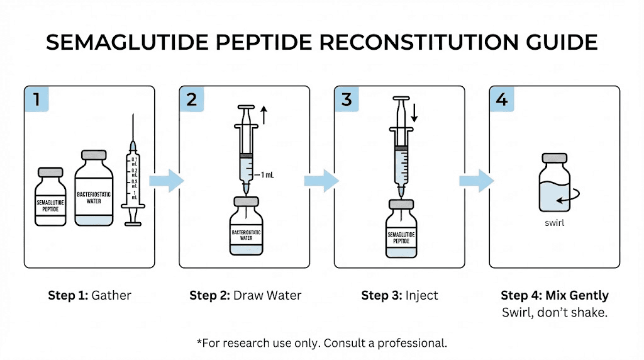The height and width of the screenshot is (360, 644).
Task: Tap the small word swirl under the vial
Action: (x=554, y=222)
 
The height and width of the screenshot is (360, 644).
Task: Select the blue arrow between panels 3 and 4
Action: (x=476, y=181)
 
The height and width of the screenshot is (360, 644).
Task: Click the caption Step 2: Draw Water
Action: (x=245, y=295)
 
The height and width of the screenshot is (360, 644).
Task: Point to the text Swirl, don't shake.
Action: (x=554, y=312)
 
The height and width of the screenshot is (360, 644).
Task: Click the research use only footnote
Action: (x=321, y=343)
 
